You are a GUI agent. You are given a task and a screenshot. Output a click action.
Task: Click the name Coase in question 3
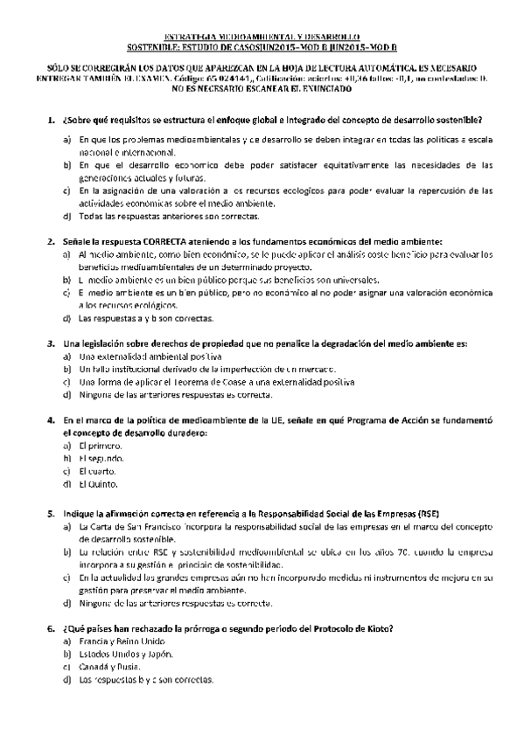(230, 382)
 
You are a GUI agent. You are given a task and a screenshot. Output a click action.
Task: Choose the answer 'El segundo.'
(101, 458)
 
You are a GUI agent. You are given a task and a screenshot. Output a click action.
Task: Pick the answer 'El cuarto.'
(99, 470)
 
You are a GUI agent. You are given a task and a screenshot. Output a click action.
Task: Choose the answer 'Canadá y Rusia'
(109, 667)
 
